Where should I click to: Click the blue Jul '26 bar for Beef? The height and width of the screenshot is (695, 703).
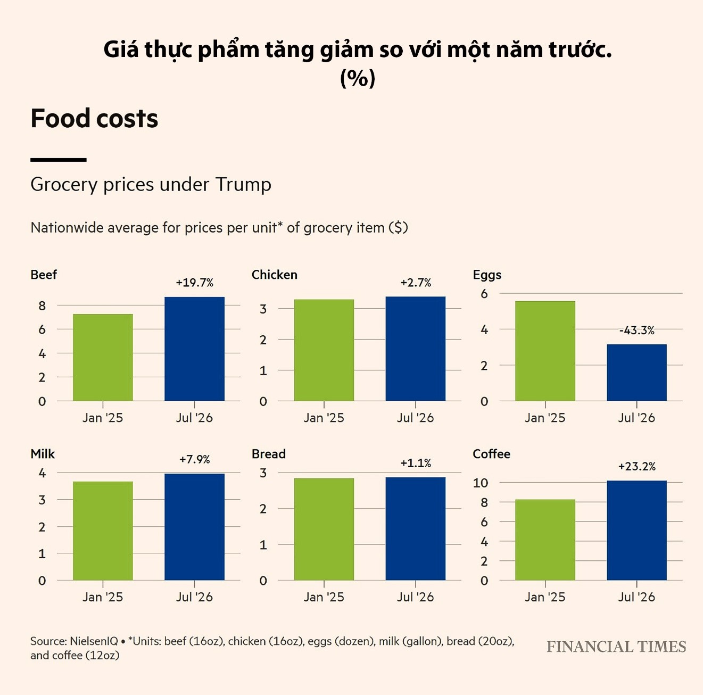click(194, 349)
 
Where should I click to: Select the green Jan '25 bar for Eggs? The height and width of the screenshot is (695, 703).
click(545, 351)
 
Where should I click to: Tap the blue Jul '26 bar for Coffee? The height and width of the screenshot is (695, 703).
click(636, 530)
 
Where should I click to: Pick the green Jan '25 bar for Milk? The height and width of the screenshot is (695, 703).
click(103, 531)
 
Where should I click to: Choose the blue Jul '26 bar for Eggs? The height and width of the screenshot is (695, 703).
click(636, 373)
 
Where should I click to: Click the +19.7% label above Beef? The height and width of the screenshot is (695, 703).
click(194, 283)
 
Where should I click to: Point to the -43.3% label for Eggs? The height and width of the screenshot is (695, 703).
click(636, 330)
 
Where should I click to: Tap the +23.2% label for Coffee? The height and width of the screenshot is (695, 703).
click(636, 466)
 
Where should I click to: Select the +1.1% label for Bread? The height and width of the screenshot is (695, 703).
click(416, 463)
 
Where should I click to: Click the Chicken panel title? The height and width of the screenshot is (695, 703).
click(275, 275)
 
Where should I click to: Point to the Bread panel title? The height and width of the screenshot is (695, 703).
click(269, 454)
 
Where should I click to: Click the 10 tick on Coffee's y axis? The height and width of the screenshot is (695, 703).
click(480, 483)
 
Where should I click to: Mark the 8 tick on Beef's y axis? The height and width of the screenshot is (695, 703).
click(42, 305)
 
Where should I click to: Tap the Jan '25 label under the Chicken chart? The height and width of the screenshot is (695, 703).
click(324, 418)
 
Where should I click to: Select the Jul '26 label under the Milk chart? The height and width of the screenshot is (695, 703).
click(194, 597)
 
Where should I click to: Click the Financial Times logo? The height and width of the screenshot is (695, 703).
click(616, 647)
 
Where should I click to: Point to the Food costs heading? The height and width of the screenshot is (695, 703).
click(94, 118)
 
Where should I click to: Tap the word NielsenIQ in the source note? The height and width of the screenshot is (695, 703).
click(94, 641)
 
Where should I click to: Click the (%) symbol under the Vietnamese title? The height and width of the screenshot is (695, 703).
click(358, 78)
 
